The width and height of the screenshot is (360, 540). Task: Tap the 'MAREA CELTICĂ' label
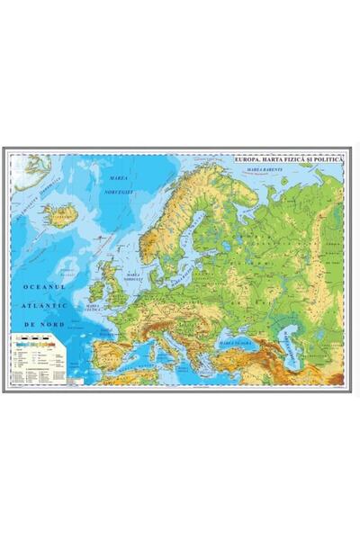(92, 307)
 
